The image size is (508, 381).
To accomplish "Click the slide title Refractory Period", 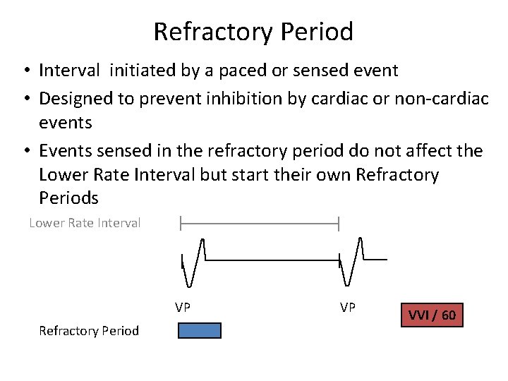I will (x=253, y=32).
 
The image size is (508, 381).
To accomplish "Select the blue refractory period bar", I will (x=199, y=330).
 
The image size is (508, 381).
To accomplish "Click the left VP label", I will (x=183, y=307).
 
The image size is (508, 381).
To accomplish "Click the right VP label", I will (x=348, y=307).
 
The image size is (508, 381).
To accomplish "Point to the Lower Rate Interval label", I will (x=85, y=223).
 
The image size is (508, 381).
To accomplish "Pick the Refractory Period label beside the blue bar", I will (x=89, y=330).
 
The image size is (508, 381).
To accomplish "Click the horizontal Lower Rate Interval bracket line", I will (x=260, y=224).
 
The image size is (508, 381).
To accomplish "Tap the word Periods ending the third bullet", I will (x=68, y=198).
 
